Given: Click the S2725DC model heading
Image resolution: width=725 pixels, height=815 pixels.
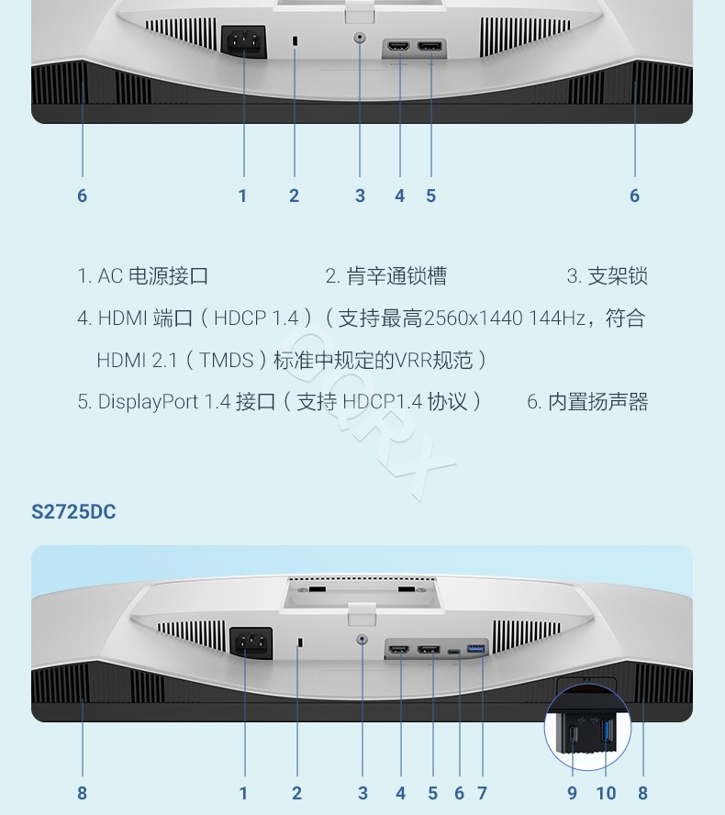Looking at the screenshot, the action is tap(73, 512).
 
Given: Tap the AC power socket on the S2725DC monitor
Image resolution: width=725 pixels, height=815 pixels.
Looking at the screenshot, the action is tap(251, 643).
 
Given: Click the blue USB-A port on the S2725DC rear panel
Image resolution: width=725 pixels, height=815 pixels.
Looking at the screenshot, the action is tap(476, 649).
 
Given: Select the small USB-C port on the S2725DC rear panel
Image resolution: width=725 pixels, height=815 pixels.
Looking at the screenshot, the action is tap(453, 652).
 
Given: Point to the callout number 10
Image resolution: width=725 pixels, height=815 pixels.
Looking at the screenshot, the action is tap(606, 793).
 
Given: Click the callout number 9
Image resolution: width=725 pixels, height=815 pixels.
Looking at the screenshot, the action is tap(572, 793).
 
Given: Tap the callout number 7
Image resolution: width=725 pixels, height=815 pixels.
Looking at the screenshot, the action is tap(483, 793).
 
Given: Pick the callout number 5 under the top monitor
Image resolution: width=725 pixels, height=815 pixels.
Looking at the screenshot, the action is tap(430, 196).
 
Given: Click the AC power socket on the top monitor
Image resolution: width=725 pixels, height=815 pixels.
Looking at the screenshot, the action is tap(244, 41).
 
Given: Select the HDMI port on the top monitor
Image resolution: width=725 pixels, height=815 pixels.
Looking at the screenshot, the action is tap(398, 46).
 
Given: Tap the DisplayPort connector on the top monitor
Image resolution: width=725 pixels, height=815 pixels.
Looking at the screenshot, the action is tap(429, 46).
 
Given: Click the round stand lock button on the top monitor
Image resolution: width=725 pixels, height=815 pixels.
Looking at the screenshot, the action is tap(360, 38).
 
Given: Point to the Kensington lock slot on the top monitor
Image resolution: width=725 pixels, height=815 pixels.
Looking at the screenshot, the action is tap(296, 40).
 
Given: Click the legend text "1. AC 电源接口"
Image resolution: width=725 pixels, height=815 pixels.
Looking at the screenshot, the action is tap(143, 276).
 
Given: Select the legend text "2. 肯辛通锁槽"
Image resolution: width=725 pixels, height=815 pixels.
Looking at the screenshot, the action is tap(386, 276).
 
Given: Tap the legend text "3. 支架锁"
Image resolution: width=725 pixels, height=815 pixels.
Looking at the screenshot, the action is tap(608, 276).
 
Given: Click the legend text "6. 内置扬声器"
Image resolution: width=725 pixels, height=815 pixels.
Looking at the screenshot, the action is tap(587, 402).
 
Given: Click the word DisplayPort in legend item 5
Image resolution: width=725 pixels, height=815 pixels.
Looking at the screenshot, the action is tap(148, 402).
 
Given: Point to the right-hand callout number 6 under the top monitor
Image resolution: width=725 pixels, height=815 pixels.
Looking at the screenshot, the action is tap(634, 196).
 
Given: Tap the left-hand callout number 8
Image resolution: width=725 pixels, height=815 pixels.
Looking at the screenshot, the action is tap(82, 793).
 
